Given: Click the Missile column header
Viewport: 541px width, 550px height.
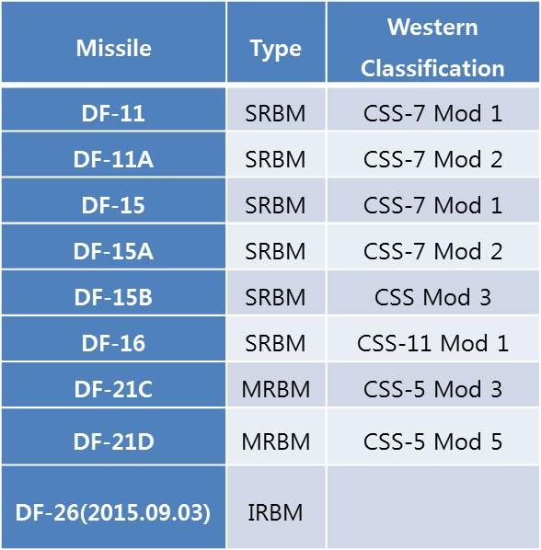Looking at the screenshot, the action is coord(114,48).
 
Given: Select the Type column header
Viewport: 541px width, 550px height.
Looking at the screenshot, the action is coord(276,49).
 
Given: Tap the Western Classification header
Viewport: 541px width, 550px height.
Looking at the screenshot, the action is coord(432,47).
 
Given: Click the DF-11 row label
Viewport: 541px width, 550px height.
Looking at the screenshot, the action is coord(113,113).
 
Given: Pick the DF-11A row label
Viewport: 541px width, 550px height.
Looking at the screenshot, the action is coord(113,159).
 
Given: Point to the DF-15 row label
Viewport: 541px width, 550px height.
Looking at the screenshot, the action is coord(113,205).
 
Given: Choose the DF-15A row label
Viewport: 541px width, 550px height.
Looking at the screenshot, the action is coord(113,251).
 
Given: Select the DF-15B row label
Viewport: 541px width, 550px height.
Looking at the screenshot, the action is coord(113,297).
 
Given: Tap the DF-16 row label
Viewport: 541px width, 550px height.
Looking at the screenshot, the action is coord(113,343).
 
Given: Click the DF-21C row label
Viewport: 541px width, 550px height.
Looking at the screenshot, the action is coord(113,389).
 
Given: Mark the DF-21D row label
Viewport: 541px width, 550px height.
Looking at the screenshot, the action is coord(114,441).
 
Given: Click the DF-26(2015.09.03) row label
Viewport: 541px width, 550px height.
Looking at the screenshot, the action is coord(113,512).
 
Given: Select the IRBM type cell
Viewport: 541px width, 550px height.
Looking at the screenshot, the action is coord(275,512).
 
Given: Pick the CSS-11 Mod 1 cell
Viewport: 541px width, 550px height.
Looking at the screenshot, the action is coord(433,343).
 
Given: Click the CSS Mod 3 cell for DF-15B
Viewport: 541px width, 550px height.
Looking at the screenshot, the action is coord(433,297).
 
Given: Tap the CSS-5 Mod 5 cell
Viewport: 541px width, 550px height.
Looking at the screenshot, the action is coord(433,441).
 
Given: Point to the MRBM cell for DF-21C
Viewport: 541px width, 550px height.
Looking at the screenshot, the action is coord(276,389).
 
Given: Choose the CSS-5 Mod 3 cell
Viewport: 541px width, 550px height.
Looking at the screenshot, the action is coord(433,389).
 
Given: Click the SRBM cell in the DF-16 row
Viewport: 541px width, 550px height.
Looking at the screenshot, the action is coord(275,343).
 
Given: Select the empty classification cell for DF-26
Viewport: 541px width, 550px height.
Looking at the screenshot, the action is coord(433,507).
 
